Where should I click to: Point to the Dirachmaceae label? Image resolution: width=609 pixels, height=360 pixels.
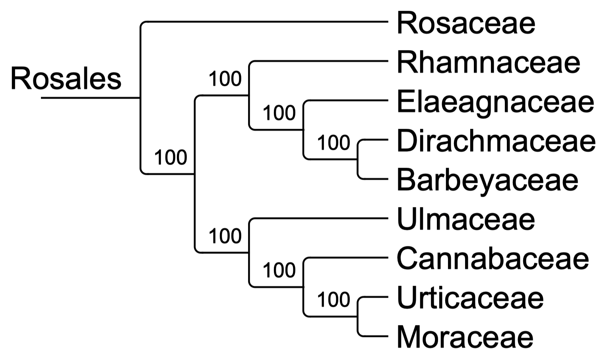(496, 141)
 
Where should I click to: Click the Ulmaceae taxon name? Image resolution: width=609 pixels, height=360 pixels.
(466, 219)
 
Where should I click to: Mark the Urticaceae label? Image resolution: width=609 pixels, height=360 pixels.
(470, 298)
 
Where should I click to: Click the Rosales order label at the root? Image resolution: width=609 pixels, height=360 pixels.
(66, 79)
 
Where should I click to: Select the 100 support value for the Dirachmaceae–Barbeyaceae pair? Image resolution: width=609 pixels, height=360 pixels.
(334, 142)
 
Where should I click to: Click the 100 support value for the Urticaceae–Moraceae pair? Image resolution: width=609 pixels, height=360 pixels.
(334, 300)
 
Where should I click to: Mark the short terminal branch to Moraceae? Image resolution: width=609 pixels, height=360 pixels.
(374, 336)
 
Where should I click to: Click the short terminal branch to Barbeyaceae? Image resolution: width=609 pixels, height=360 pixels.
(374, 179)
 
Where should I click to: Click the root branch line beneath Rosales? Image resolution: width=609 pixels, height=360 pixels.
(91, 97)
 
